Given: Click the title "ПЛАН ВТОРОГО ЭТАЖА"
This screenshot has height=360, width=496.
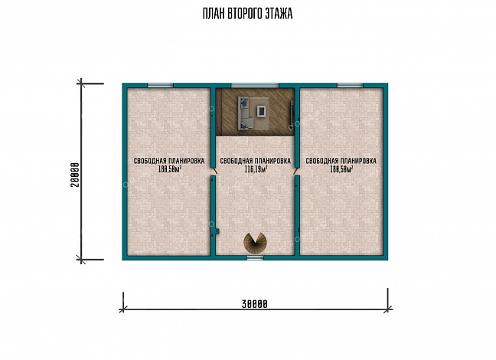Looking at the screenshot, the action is (x=247, y=14).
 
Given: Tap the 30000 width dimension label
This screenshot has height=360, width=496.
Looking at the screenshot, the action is (x=255, y=304).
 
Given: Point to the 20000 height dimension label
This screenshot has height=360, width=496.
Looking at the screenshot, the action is (x=75, y=175).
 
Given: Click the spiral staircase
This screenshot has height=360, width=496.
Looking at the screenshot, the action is (x=256, y=243).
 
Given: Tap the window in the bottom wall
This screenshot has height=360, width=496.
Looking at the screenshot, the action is (x=256, y=258).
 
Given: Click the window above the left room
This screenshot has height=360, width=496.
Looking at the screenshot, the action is (x=161, y=85).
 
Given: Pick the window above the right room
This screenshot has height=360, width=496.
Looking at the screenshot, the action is (x=350, y=85).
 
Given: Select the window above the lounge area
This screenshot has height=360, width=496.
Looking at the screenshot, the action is (x=256, y=85).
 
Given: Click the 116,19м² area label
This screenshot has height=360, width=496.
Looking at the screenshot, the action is (x=256, y=169).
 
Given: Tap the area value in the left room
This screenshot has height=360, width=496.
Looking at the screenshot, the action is (x=170, y=169).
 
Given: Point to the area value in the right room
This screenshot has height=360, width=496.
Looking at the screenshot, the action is (x=341, y=169).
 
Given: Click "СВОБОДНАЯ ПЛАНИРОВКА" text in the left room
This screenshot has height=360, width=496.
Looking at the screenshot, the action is (x=169, y=161).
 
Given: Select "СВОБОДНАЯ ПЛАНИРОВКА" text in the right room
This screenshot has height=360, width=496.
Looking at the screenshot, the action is (x=341, y=161).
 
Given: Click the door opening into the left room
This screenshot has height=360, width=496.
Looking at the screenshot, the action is (x=214, y=171).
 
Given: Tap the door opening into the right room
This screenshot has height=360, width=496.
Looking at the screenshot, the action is (x=296, y=171).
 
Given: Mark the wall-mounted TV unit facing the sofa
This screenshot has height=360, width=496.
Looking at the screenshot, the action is (x=292, y=112).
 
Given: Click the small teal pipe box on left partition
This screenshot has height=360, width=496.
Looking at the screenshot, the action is (x=217, y=231).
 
